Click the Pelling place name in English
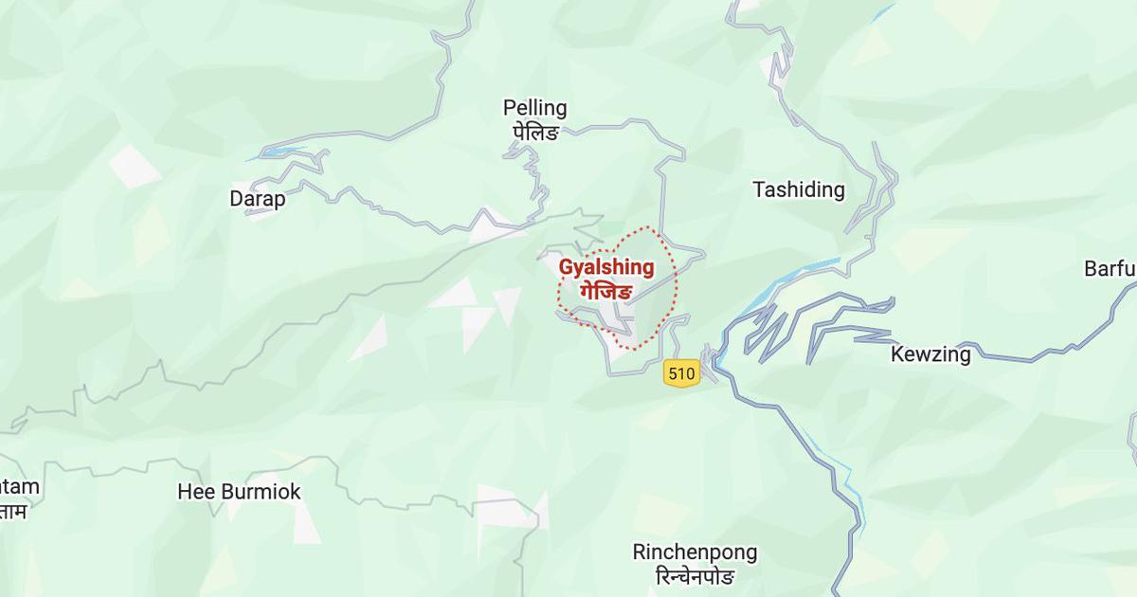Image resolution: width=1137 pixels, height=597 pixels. pos(534,108)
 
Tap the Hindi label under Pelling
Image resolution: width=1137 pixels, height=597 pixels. pos(534,131)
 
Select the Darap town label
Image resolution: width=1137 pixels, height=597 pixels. pos(257,199)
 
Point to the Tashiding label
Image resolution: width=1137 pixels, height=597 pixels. pos(798,190)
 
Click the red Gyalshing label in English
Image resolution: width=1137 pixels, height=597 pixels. pos(606,268)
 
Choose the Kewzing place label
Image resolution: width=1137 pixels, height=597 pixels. pos(930,355)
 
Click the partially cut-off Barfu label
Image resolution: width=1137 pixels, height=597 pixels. pos(1110,268)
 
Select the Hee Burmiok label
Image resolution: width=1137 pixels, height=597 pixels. pos(239,492)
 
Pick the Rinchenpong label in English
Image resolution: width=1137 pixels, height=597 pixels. pos(695,552)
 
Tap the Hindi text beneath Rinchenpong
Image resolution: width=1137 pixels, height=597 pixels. pos(695,575)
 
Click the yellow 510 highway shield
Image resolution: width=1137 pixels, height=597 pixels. pos(680,373)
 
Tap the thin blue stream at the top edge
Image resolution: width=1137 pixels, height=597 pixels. pos(882,11)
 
